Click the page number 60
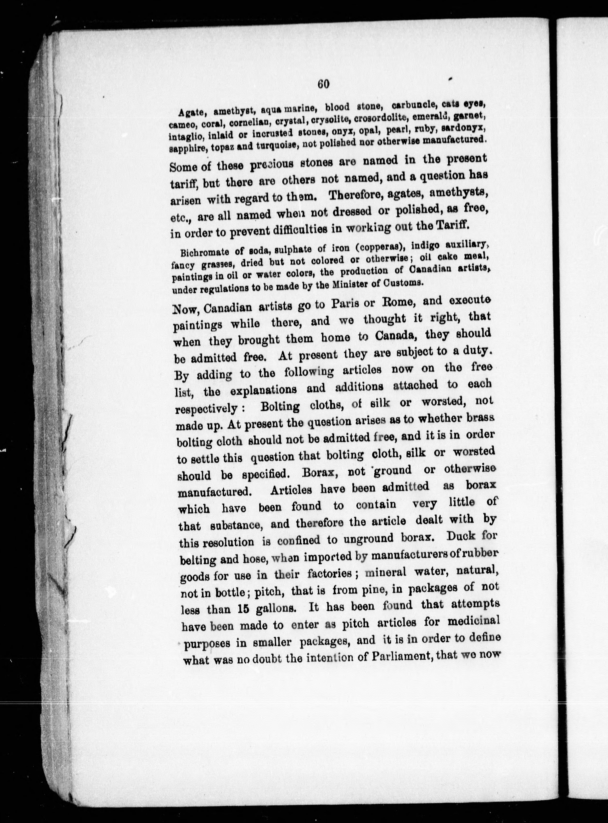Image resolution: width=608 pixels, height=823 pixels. (x=323, y=84)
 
